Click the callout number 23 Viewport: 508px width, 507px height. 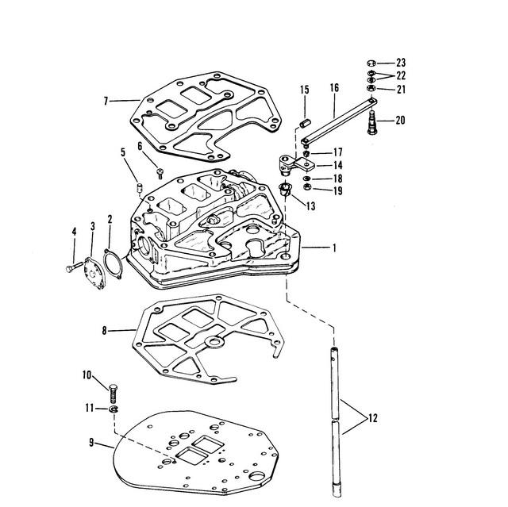click(401, 63)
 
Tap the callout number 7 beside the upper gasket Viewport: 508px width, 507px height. click(106, 101)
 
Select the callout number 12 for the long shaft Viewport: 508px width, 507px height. click(373, 418)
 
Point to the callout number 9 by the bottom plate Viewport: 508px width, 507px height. click(92, 442)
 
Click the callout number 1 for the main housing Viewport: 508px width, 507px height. click(334, 248)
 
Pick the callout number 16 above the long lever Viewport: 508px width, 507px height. click(335, 88)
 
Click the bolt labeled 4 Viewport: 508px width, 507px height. click(74, 267)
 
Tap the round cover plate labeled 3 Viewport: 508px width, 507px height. click(94, 272)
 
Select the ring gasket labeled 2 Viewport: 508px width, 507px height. click(113, 263)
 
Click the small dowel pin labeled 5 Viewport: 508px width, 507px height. click(140, 187)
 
